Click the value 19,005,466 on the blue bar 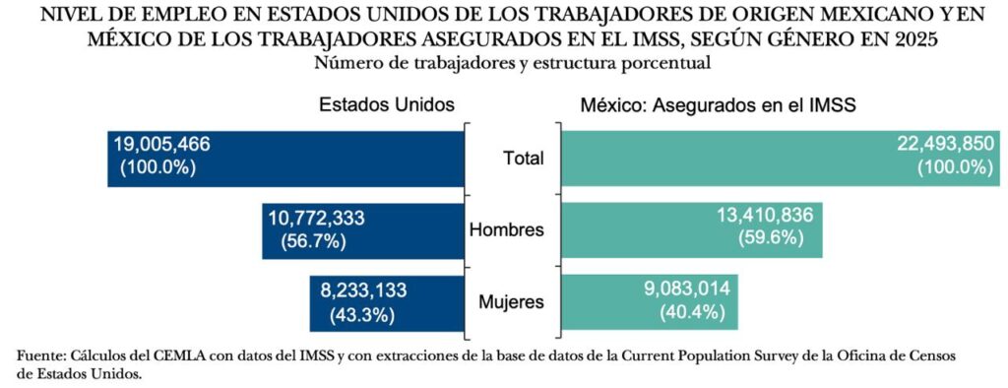(x=162, y=144)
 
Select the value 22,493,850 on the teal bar (x=945, y=144)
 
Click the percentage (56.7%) (x=310, y=240)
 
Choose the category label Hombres (x=508, y=229)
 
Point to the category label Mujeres (x=510, y=302)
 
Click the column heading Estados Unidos (x=387, y=104)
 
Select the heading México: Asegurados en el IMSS (x=718, y=104)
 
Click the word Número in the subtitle (x=345, y=64)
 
